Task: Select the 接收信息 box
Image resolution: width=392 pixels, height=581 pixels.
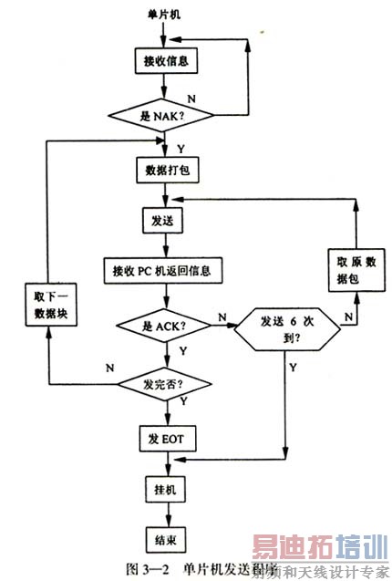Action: pos(164,62)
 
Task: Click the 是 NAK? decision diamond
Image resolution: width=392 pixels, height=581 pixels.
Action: pos(164,116)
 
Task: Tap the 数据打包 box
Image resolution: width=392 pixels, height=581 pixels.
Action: pos(164,170)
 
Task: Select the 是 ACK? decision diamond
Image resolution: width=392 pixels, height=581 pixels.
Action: pos(164,326)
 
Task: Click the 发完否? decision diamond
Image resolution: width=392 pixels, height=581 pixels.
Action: pos(164,385)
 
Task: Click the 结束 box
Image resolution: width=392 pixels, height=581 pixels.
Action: pos(164,538)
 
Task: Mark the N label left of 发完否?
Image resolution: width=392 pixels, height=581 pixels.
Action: pos(110,369)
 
